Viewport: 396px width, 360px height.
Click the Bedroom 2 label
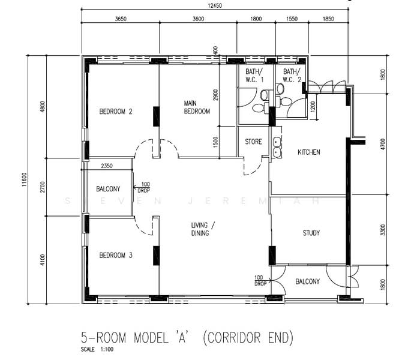pos(116,112)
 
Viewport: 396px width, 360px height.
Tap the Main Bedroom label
pos(197,107)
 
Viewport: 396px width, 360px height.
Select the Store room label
pos(253,142)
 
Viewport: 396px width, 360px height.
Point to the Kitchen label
pos(309,152)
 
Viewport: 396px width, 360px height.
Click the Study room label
pos(311,233)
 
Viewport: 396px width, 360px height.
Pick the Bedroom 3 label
pos(116,255)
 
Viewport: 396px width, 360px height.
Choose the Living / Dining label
pos(203,229)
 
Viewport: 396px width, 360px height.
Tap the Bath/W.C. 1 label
pos(254,75)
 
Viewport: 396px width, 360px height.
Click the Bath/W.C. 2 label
pos(292,75)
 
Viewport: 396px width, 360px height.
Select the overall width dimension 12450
pos(215,5)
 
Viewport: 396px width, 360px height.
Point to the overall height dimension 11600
pos(24,179)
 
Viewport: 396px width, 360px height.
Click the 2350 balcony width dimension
pos(107,166)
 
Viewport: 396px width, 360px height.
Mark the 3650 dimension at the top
pos(121,19)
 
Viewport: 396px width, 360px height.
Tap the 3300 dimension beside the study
pos(383,230)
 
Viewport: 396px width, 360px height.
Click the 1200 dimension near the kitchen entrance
pos(313,107)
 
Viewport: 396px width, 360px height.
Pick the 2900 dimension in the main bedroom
pos(215,95)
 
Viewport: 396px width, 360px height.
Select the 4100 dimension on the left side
pos(42,260)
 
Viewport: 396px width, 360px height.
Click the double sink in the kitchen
pos(277,148)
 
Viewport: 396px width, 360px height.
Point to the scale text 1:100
pos(107,350)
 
